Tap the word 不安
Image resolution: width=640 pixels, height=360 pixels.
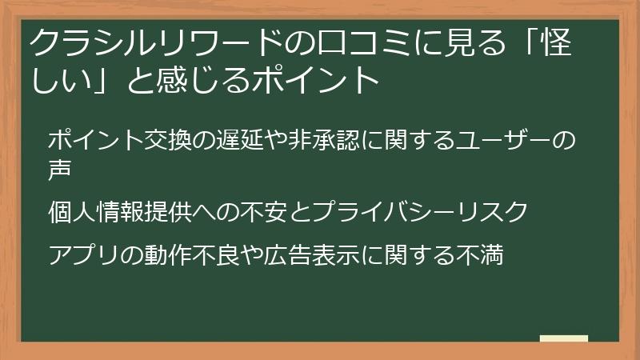pyautogui.click(x=254, y=212)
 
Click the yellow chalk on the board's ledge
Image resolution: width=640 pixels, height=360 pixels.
pyautogui.click(x=564, y=338)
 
